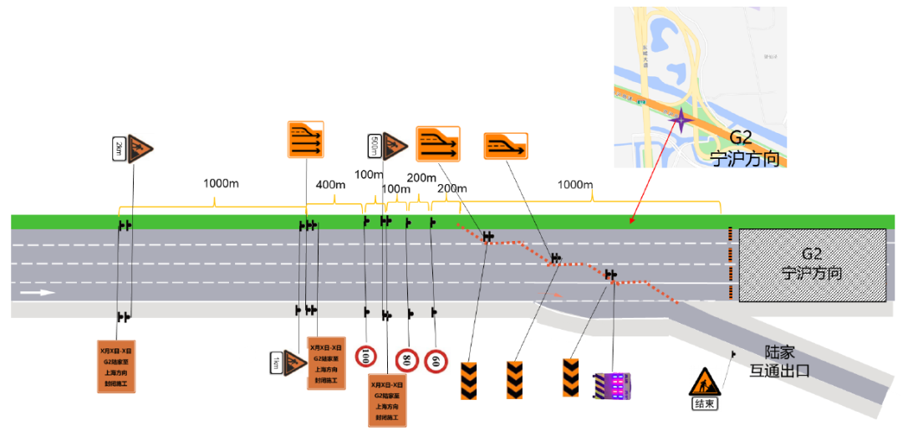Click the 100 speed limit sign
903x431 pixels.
coord(366,357)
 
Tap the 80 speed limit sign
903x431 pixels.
coord(407,361)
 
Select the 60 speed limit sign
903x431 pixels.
coord(436,362)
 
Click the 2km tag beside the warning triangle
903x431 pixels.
coord(119,150)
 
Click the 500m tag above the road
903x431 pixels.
coord(374,146)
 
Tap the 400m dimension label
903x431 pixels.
coord(330,184)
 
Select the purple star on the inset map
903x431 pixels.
coord(682,122)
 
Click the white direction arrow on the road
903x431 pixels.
coord(38,293)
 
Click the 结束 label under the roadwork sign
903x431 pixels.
coord(704,403)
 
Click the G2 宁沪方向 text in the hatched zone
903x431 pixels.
coord(810,263)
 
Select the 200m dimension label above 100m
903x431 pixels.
coord(421,177)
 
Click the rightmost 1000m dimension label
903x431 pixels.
coord(575,184)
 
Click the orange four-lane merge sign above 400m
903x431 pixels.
coord(305,139)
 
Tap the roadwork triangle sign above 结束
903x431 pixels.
coord(704,381)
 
